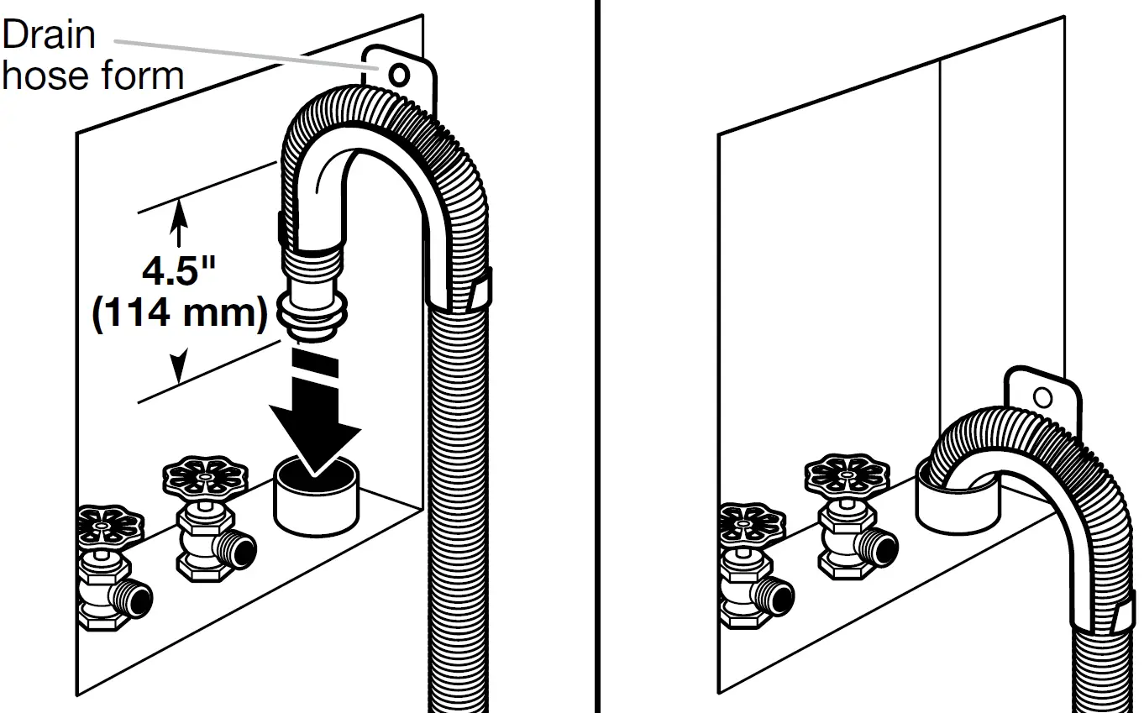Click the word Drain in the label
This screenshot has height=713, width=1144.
click(x=49, y=34)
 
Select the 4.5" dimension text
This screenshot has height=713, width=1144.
click(x=179, y=271)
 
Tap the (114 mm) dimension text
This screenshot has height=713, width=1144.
click(x=179, y=312)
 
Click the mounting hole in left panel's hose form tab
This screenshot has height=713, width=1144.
click(x=401, y=76)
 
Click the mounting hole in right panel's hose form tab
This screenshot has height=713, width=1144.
click(x=1042, y=397)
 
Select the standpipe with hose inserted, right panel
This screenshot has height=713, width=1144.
click(x=954, y=504)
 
